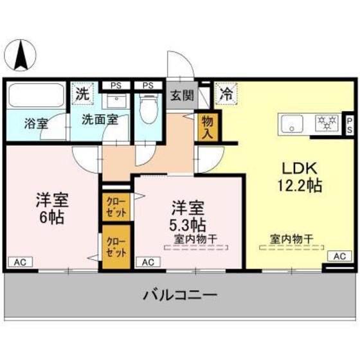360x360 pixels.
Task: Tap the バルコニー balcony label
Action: click(x=180, y=297)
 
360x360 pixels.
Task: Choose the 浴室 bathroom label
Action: click(x=36, y=123)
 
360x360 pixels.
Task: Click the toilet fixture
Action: click(x=148, y=109)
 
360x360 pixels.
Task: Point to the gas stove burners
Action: click(x=328, y=122)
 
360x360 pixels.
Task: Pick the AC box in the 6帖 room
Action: click(x=21, y=262)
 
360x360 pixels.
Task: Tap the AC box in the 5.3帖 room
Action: click(x=148, y=262)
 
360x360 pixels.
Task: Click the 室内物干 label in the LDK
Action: click(x=291, y=240)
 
